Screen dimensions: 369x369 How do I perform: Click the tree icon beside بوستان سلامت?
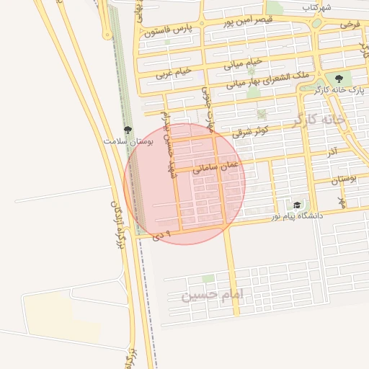[x=128, y=130]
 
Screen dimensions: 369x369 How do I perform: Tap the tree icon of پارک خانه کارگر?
[x=339, y=79]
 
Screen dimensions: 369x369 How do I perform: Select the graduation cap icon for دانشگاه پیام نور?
[x=297, y=205]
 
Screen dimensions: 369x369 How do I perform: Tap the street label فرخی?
[x=350, y=25]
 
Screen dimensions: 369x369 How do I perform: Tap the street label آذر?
[x=332, y=152]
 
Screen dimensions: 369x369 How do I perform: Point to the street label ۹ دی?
[x=163, y=234]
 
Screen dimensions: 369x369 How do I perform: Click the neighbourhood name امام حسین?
[x=215, y=294]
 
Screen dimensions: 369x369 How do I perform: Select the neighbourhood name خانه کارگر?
[x=319, y=120]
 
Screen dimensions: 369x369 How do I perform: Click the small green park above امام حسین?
[x=208, y=278]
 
